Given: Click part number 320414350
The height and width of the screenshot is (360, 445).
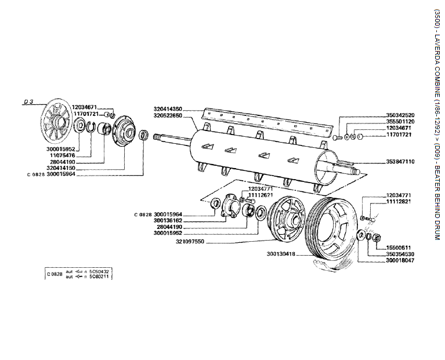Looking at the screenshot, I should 168,109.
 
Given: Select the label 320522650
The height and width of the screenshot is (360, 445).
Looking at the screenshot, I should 168,115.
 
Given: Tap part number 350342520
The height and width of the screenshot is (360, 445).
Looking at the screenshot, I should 400,115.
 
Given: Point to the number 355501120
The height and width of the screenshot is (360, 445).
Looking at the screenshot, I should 400,122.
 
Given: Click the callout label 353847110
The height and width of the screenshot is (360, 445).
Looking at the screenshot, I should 400,162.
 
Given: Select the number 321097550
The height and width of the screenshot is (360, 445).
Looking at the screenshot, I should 191,241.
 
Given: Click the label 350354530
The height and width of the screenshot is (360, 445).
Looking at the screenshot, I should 400,254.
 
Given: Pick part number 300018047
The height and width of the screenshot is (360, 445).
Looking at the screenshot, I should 400,260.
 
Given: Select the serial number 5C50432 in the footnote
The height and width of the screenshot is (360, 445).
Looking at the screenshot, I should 99,271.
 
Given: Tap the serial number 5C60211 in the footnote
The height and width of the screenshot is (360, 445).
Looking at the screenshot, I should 99,277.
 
